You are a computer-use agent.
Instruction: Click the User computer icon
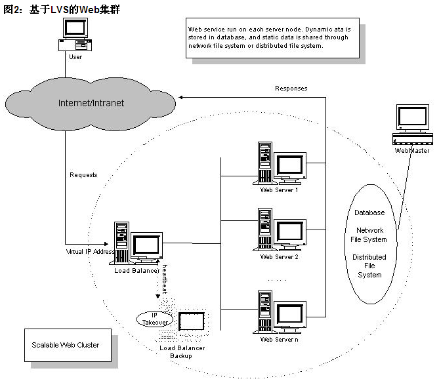pyautogui.click(x=75, y=34)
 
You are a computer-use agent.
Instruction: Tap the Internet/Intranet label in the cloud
pyautogui.click(x=91, y=103)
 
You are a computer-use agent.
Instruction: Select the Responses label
pyautogui.click(x=291, y=89)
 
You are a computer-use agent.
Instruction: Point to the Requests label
pyautogui.click(x=83, y=175)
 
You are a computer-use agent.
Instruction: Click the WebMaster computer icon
pyautogui.click(x=412, y=124)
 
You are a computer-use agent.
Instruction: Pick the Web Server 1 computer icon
pyautogui.click(x=280, y=163)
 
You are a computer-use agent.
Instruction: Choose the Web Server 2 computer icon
pyautogui.click(x=280, y=230)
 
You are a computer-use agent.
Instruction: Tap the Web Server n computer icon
pyautogui.click(x=280, y=312)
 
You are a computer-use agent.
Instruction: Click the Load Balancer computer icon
pyautogui.click(x=136, y=243)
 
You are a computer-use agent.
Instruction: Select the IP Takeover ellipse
pyautogui.click(x=155, y=319)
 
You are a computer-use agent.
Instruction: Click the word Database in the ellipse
pyautogui.click(x=369, y=212)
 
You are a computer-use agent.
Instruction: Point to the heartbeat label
pyautogui.click(x=165, y=279)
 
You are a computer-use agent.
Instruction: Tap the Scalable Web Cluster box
pyautogui.click(x=68, y=345)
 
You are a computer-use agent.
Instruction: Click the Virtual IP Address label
pyautogui.click(x=90, y=251)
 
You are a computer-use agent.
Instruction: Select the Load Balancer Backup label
pyautogui.click(x=182, y=352)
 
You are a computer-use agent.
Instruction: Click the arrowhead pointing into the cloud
pyautogui.click(x=181, y=97)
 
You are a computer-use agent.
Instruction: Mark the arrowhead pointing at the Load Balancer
pyautogui.click(x=106, y=244)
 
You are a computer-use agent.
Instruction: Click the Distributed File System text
pyautogui.click(x=369, y=266)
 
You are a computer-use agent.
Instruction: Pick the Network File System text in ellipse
pyautogui.click(x=369, y=235)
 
